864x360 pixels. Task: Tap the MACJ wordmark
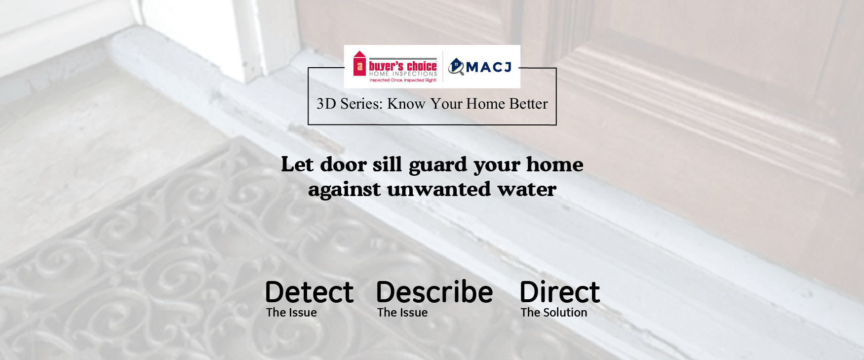click(489, 67)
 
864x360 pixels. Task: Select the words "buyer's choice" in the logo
click(403, 66)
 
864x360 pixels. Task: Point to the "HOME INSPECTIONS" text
click(403, 74)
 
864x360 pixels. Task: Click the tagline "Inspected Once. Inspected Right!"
click(403, 80)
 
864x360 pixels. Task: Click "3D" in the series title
click(326, 104)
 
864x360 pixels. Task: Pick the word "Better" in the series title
click(528, 104)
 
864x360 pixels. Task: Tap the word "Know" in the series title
click(406, 104)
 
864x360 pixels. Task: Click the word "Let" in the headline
click(297, 164)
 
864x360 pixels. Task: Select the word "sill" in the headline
click(387, 164)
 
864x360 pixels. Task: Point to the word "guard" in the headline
click(438, 165)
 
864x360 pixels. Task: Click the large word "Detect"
click(309, 292)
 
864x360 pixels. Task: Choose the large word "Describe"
click(434, 292)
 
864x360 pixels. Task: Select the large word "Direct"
click(560, 292)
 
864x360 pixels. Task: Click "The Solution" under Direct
click(554, 313)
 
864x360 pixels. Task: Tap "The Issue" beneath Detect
click(291, 313)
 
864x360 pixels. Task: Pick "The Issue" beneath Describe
click(402, 313)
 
